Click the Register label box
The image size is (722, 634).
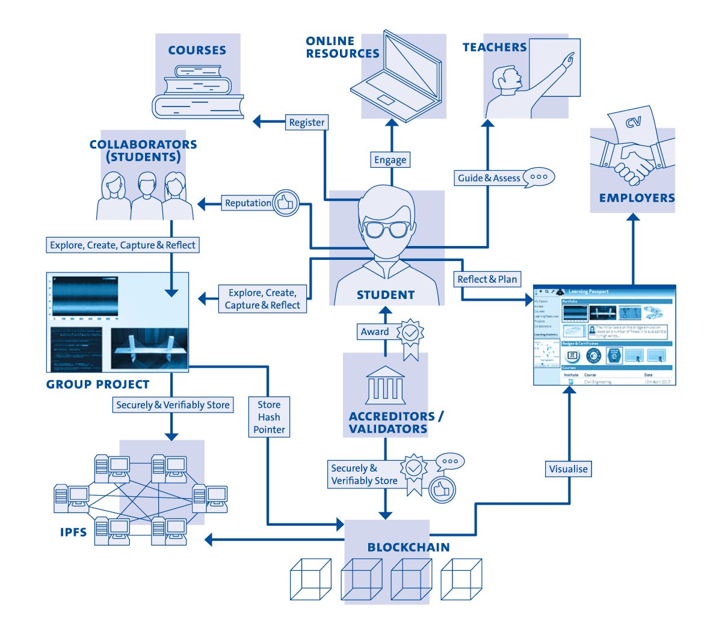(x=306, y=123)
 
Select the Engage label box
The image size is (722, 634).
(x=390, y=160)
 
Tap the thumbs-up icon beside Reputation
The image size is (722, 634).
(x=286, y=203)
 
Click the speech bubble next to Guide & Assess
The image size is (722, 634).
(x=538, y=177)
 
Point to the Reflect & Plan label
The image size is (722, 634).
(x=487, y=279)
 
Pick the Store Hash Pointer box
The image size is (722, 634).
(x=269, y=417)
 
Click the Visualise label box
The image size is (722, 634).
(x=568, y=469)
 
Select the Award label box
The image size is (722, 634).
(x=375, y=331)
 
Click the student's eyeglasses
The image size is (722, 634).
(x=386, y=229)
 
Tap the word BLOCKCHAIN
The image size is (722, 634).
(x=409, y=547)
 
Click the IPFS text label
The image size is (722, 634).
(x=73, y=532)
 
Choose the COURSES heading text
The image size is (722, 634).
(x=197, y=51)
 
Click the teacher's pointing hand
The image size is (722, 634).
(x=567, y=59)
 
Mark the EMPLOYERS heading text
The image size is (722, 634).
(x=637, y=198)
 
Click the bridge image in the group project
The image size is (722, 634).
(x=149, y=348)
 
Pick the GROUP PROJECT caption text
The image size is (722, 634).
(x=97, y=384)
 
